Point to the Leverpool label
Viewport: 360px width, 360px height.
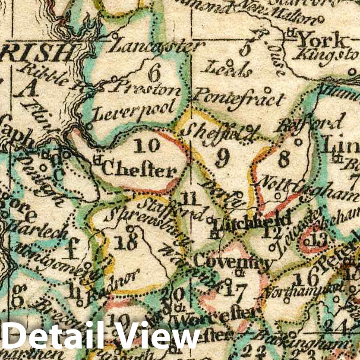click(134, 111)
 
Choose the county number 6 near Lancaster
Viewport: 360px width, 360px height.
click(154, 73)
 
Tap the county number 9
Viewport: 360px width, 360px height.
click(222, 159)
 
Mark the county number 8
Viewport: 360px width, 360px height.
click(284, 159)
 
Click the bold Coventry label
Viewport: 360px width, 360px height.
click(233, 261)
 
